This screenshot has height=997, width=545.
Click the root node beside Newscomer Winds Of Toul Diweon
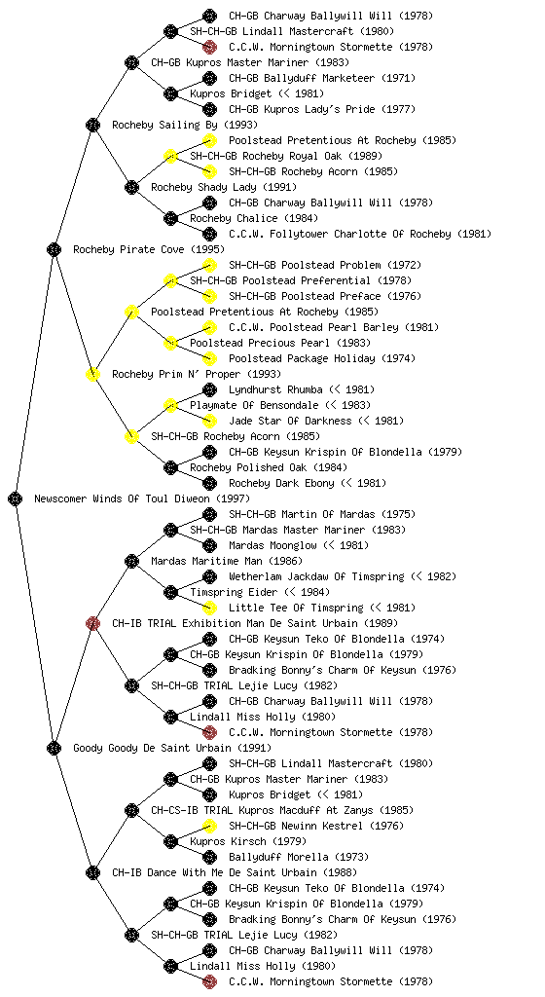[16, 498]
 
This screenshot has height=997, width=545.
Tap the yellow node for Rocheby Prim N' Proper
[92, 374]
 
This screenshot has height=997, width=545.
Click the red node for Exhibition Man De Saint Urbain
[92, 623]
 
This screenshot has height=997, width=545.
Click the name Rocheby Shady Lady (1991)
[224, 187]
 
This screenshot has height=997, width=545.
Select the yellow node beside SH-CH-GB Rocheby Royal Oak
[170, 156]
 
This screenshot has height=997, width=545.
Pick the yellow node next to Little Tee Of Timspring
[209, 608]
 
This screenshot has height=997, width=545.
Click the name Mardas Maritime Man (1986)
[227, 561]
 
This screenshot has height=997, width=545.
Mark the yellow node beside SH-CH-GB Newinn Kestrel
[209, 826]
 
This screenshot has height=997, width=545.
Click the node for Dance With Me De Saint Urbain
[92, 872]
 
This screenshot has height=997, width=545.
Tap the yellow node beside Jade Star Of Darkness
[209, 421]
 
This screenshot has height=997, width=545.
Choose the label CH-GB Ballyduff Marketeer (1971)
[322, 78]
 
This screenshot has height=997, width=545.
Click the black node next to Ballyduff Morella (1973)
[209, 857]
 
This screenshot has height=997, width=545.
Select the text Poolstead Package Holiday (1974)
[322, 358]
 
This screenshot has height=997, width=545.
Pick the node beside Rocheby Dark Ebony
[209, 483]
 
